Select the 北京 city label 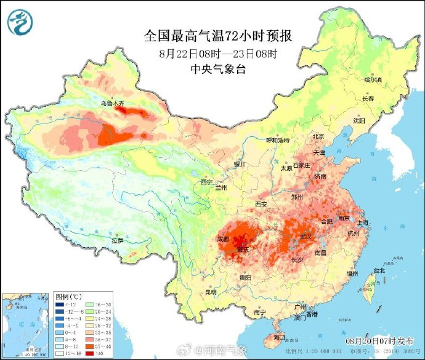(318, 136)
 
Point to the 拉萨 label (118, 240)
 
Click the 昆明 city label (211, 292)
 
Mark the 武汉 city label (304, 236)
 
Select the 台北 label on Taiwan (379, 270)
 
